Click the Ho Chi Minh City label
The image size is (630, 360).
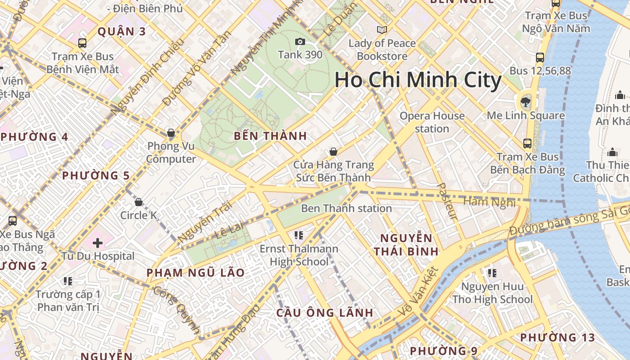tap(418, 80)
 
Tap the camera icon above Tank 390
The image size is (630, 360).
tap(300, 42)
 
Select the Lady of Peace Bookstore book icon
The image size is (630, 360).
tap(382, 30)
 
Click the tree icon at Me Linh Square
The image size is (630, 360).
tap(525, 102)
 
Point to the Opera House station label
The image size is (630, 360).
tap(432, 122)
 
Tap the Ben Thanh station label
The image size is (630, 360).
tap(346, 208)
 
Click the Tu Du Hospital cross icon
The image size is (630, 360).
tap(98, 243)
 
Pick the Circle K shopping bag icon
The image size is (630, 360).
tap(139, 202)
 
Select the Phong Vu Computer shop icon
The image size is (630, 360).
tap(171, 133)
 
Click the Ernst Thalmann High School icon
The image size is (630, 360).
tap(299, 235)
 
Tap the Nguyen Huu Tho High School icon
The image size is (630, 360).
tap(492, 273)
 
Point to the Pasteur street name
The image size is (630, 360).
tap(447, 201)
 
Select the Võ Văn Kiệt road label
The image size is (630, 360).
tap(418, 292)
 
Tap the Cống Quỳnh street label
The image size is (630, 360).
tap(177, 310)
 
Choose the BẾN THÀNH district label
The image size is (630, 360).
tap(270, 136)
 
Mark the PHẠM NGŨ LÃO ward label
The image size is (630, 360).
tap(196, 273)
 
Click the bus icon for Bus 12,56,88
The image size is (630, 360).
tap(540, 58)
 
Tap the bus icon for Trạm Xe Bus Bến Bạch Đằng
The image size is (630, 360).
tap(527, 144)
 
